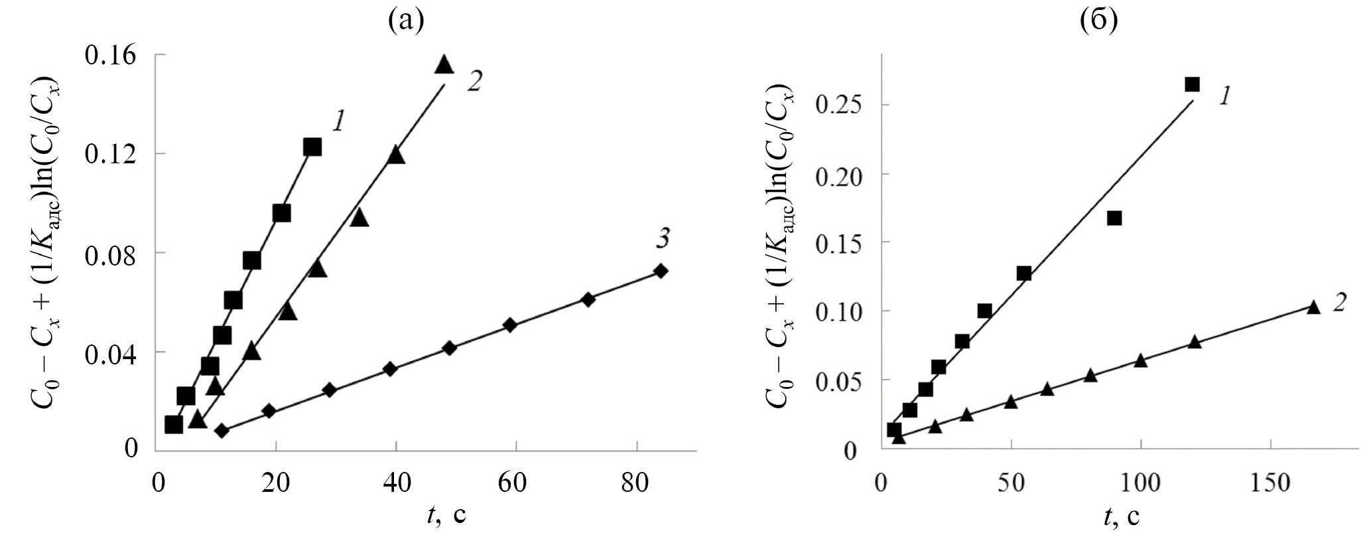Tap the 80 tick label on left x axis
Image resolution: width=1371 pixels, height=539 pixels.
tap(637, 483)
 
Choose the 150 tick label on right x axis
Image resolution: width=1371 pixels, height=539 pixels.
tap(1270, 483)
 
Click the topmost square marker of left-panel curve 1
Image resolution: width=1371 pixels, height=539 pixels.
tap(312, 147)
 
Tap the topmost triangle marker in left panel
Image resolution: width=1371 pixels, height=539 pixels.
tap(444, 64)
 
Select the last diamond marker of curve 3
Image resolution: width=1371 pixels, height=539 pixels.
tap(661, 271)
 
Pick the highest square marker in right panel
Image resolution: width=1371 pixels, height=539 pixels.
tap(1192, 84)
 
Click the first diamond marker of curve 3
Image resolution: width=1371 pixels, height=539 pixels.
tap(222, 431)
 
